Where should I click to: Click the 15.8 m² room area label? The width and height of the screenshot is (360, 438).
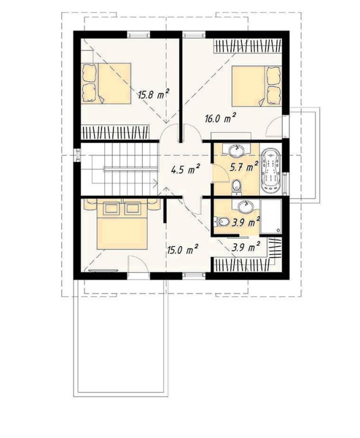click(x=154, y=95)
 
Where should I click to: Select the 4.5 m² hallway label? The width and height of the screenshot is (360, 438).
click(x=185, y=169)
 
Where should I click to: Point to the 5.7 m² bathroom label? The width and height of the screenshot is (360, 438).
click(x=244, y=167)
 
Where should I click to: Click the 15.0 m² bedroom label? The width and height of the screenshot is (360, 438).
click(x=183, y=250)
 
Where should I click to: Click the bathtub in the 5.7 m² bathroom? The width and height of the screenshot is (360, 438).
click(x=270, y=171)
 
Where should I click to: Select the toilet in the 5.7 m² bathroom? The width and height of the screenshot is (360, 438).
click(x=237, y=186)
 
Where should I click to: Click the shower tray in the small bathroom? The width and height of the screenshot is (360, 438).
click(x=271, y=216)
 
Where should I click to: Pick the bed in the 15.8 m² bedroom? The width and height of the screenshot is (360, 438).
click(x=106, y=84)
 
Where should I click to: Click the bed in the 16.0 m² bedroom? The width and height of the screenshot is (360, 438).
click(x=257, y=86)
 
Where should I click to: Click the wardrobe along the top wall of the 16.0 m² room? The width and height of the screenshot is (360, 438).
click(x=248, y=46)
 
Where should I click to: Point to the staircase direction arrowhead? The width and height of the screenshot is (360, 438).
click(x=155, y=183)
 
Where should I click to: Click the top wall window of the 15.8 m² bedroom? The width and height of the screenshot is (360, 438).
click(x=139, y=35)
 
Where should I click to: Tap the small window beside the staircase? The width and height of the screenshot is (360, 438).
click(x=77, y=155)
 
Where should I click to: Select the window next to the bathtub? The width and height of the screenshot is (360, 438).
click(x=285, y=184)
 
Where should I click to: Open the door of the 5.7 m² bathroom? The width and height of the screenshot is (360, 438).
click(x=221, y=173)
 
